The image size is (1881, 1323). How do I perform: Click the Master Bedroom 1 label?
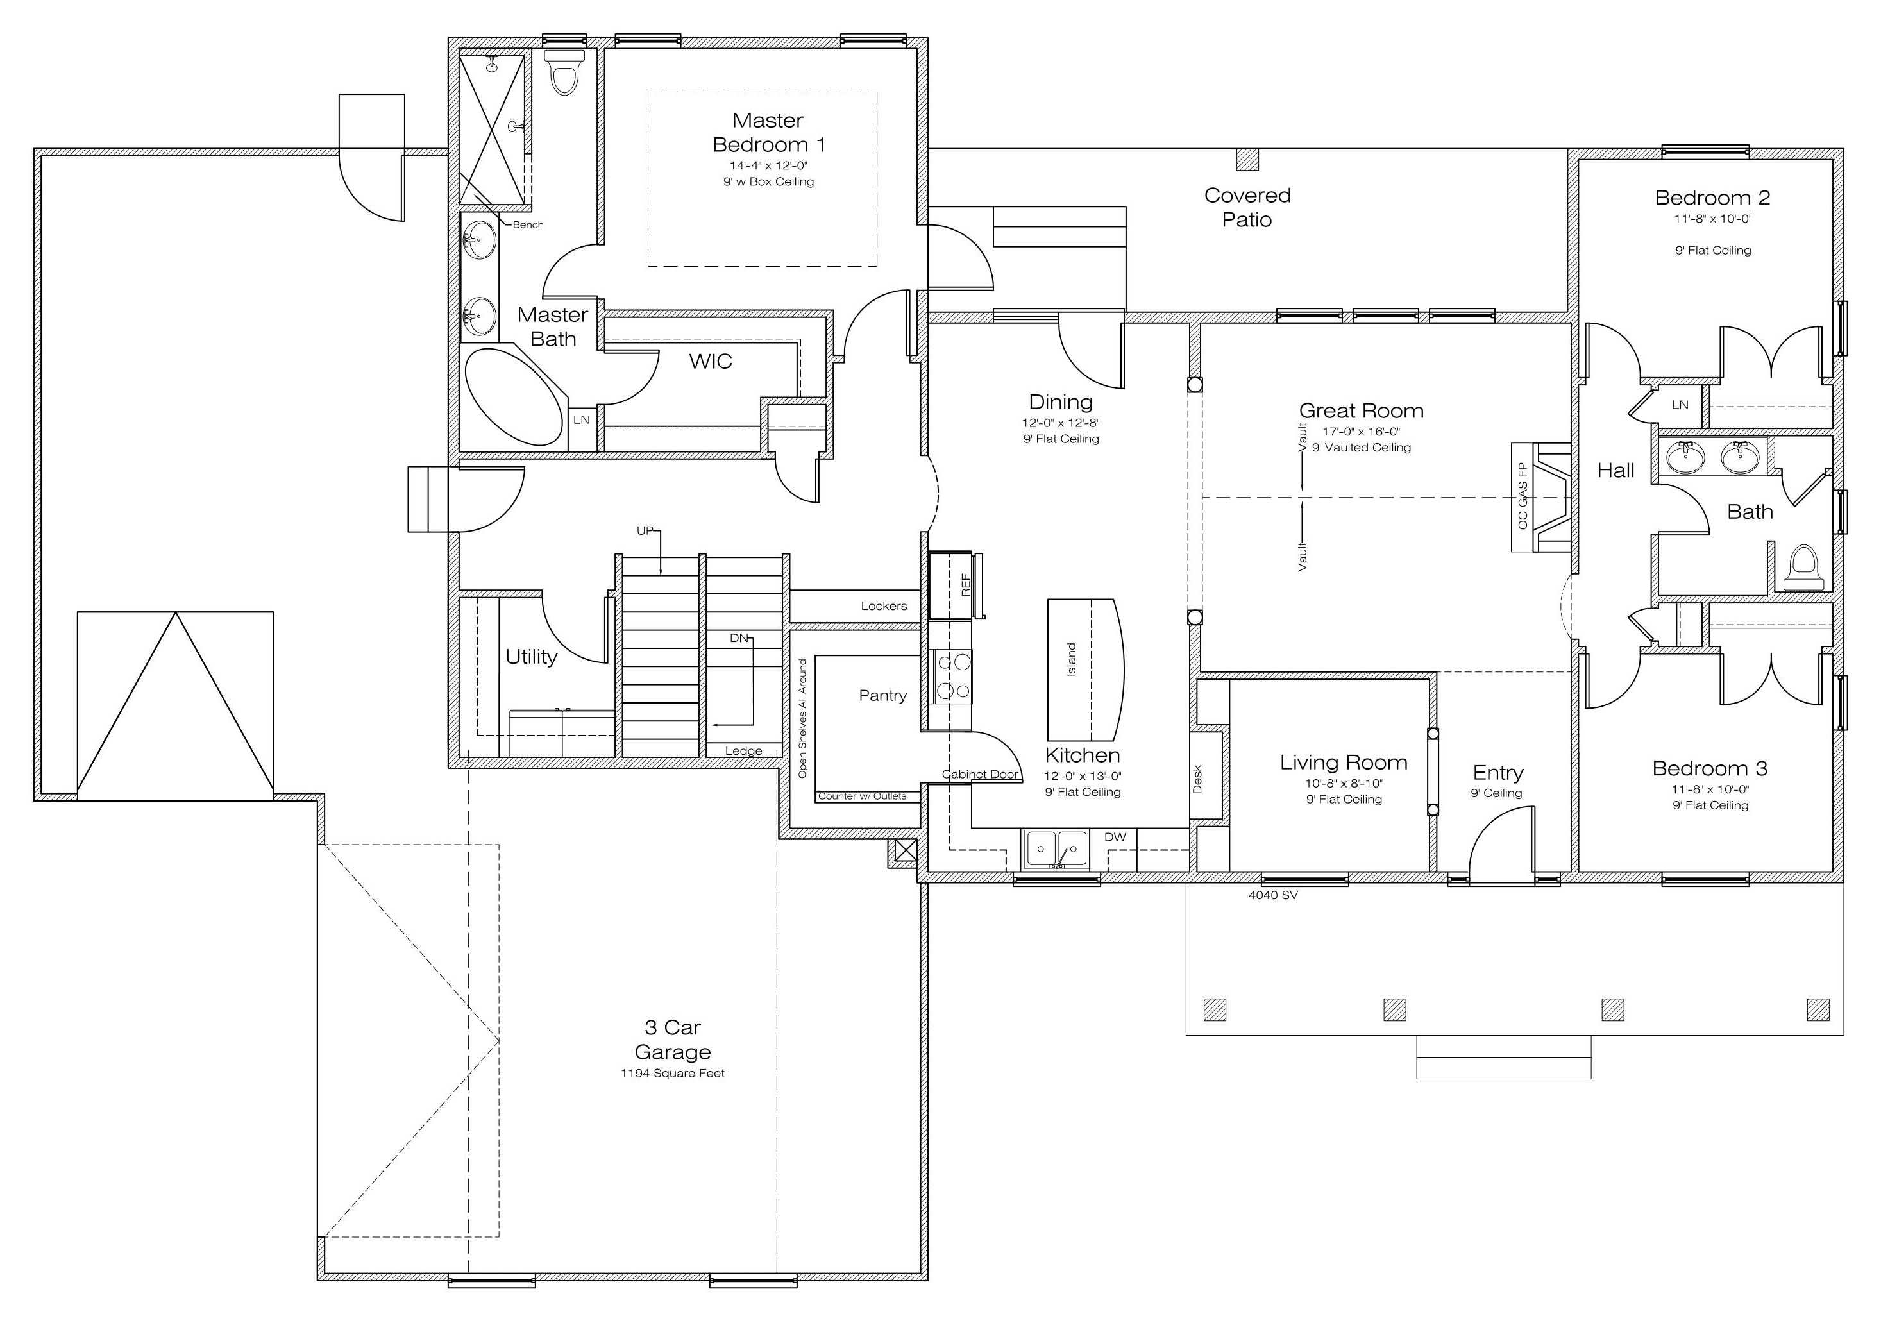[x=768, y=133]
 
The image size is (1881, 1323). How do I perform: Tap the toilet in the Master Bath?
[x=564, y=72]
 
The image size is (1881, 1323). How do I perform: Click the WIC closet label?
[x=711, y=361]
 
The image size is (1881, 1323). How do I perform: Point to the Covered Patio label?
[x=1247, y=207]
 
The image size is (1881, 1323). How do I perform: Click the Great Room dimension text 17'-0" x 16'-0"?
[x=1361, y=432]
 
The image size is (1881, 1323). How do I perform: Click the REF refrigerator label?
[x=965, y=585]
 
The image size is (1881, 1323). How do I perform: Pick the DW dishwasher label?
[x=1115, y=838]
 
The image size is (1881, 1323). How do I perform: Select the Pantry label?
[x=882, y=696]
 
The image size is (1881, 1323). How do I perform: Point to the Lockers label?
[x=883, y=606]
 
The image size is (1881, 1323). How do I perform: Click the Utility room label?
[x=531, y=657]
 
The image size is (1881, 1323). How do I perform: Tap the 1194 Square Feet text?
[x=673, y=1073]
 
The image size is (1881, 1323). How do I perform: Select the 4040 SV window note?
[x=1273, y=895]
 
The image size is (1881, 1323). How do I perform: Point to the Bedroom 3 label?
[x=1710, y=768]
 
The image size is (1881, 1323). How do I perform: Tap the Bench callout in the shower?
[x=528, y=224]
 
